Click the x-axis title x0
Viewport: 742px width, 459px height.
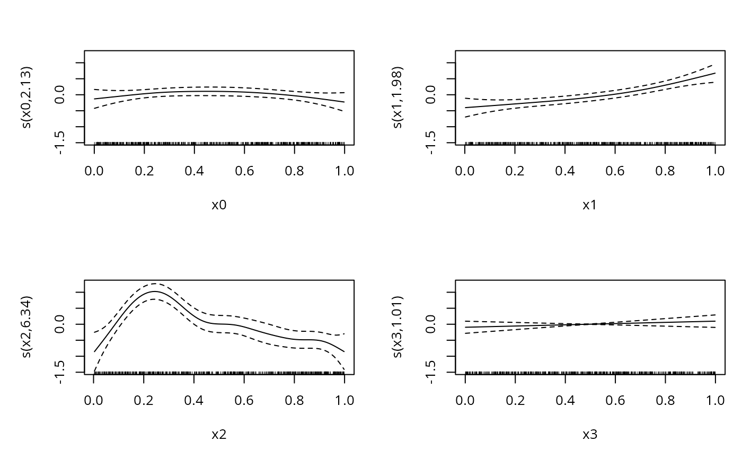[x=219, y=205]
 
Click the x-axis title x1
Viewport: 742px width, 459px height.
[x=590, y=205]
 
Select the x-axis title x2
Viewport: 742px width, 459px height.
[x=219, y=435]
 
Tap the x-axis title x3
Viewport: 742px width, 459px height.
[x=590, y=435]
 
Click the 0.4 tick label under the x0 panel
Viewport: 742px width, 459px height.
[x=195, y=171]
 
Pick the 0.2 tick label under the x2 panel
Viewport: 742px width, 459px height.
[x=144, y=400]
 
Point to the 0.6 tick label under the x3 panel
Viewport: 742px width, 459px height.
[x=615, y=400]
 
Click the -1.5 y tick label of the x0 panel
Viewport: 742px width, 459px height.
[x=61, y=142]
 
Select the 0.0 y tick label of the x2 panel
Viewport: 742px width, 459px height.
[x=61, y=324]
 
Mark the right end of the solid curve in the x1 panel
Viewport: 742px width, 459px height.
[x=715, y=73]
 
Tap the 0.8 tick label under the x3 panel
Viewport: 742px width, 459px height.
[x=665, y=400]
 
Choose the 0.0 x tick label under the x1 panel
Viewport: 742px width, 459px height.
[x=465, y=171]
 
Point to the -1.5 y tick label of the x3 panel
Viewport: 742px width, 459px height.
[x=432, y=372]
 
